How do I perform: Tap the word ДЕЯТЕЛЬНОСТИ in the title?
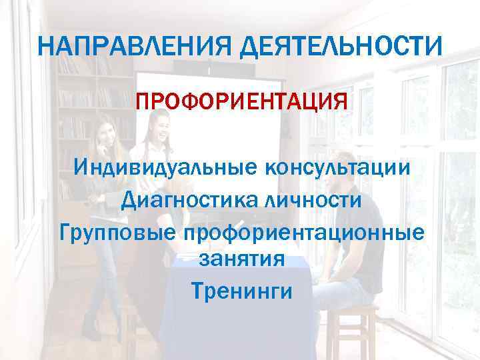(x=341, y=47)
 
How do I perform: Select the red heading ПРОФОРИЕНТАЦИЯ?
(x=241, y=104)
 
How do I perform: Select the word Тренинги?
(x=241, y=291)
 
